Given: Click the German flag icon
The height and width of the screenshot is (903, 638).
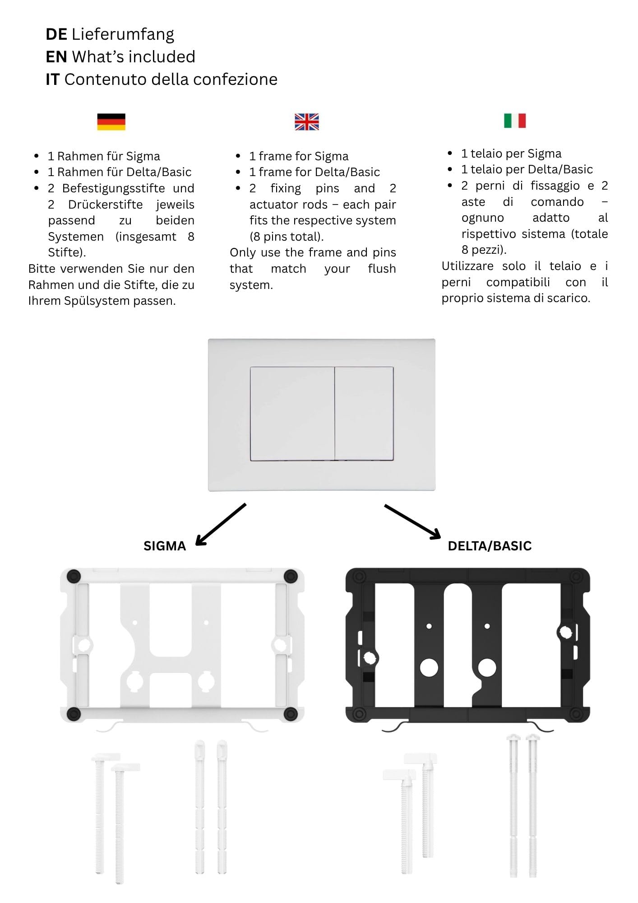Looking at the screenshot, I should pos(111,121).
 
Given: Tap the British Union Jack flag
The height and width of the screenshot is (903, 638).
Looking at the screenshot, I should pos(307,121).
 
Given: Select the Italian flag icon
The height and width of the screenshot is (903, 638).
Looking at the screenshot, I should pos(515,121).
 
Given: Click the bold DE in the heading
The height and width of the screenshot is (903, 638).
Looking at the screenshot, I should pos(56,34).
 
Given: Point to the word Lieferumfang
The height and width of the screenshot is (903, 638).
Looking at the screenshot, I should pos(123,34).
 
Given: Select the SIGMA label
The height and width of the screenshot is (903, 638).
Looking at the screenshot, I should pos(165,546).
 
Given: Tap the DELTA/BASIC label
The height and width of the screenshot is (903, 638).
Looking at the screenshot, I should pos(490,546).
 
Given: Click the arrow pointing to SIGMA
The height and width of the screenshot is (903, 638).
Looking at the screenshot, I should pos(221,524).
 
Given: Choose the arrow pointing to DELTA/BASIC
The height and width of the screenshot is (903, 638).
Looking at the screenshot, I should pos(412,521).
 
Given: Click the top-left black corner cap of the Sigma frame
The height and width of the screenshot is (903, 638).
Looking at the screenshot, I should pos(74,576).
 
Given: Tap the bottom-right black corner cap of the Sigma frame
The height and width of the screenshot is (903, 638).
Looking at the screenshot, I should pos(291,714).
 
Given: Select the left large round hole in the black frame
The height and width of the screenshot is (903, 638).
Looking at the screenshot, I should pos(429,667).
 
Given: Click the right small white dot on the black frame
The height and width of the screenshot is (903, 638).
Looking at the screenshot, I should pos(487,626).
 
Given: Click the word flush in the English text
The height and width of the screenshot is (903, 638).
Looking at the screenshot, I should pos(382,269).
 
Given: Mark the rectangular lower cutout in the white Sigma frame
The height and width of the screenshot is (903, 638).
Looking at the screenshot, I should pos(171,689).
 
